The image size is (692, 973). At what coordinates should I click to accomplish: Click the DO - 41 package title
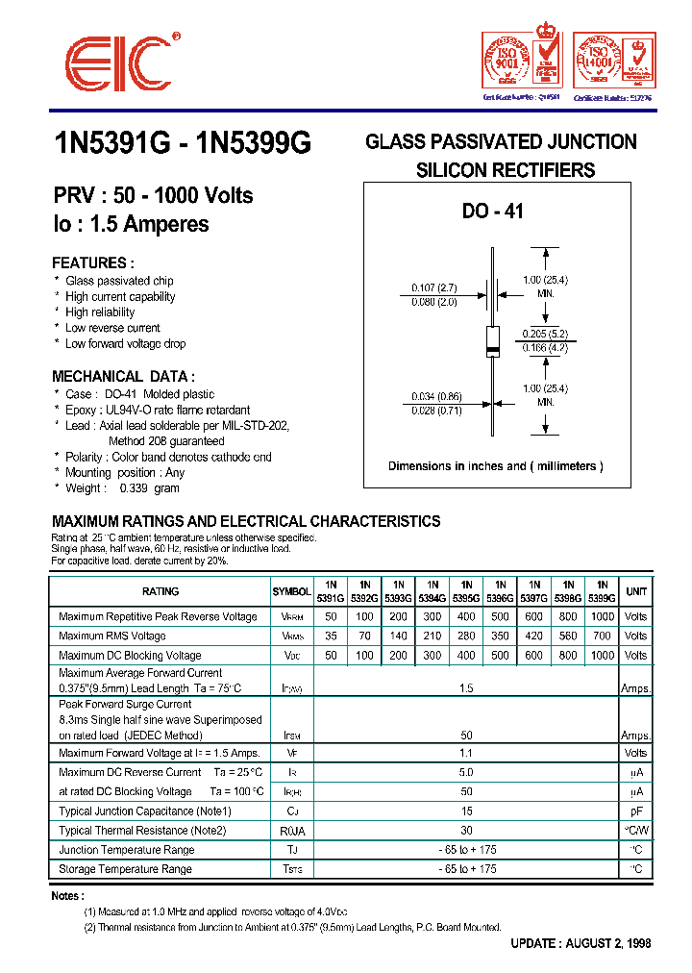492,212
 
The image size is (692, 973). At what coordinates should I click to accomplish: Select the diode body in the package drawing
493,338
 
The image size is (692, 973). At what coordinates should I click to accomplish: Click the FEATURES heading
93,262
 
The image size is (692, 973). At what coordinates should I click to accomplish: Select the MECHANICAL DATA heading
123,376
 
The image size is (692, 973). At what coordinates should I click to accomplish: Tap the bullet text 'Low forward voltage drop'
125,343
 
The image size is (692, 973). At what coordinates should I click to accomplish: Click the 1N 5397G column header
534,590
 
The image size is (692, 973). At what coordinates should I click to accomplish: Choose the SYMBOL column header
291,592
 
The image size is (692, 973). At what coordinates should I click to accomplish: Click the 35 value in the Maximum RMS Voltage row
331,636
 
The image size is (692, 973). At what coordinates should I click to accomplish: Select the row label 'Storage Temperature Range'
125,869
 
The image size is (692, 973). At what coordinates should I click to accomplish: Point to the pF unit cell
635,811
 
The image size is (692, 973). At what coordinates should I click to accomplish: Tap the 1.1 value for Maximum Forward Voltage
466,753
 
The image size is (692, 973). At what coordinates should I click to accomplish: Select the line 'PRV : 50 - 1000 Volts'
153,195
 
